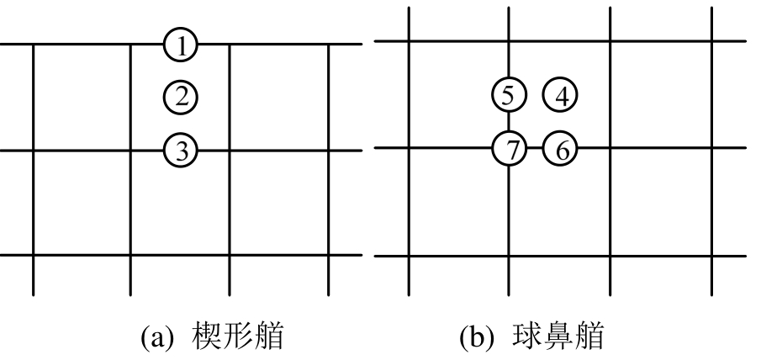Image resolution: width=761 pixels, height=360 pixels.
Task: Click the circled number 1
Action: pos(181,44)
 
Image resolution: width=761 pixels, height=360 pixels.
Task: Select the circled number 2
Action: pos(181,97)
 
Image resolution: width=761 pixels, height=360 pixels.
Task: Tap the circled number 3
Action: pos(181,151)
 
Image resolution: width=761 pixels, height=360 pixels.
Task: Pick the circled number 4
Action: pos(561,94)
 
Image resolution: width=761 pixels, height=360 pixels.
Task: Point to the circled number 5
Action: pos(509,94)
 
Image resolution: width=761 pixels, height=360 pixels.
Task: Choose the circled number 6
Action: pos(561,150)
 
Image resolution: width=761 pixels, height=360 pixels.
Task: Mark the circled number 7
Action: pos(509,150)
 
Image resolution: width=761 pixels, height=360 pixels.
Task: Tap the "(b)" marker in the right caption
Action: pos(478,338)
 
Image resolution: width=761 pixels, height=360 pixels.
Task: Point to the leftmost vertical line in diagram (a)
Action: pos(33,202)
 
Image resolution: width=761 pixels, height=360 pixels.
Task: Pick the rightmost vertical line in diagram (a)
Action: pos(328,202)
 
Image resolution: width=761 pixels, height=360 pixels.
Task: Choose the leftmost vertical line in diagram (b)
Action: pos(410,202)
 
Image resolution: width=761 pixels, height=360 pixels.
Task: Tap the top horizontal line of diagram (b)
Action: pos(559,40)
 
